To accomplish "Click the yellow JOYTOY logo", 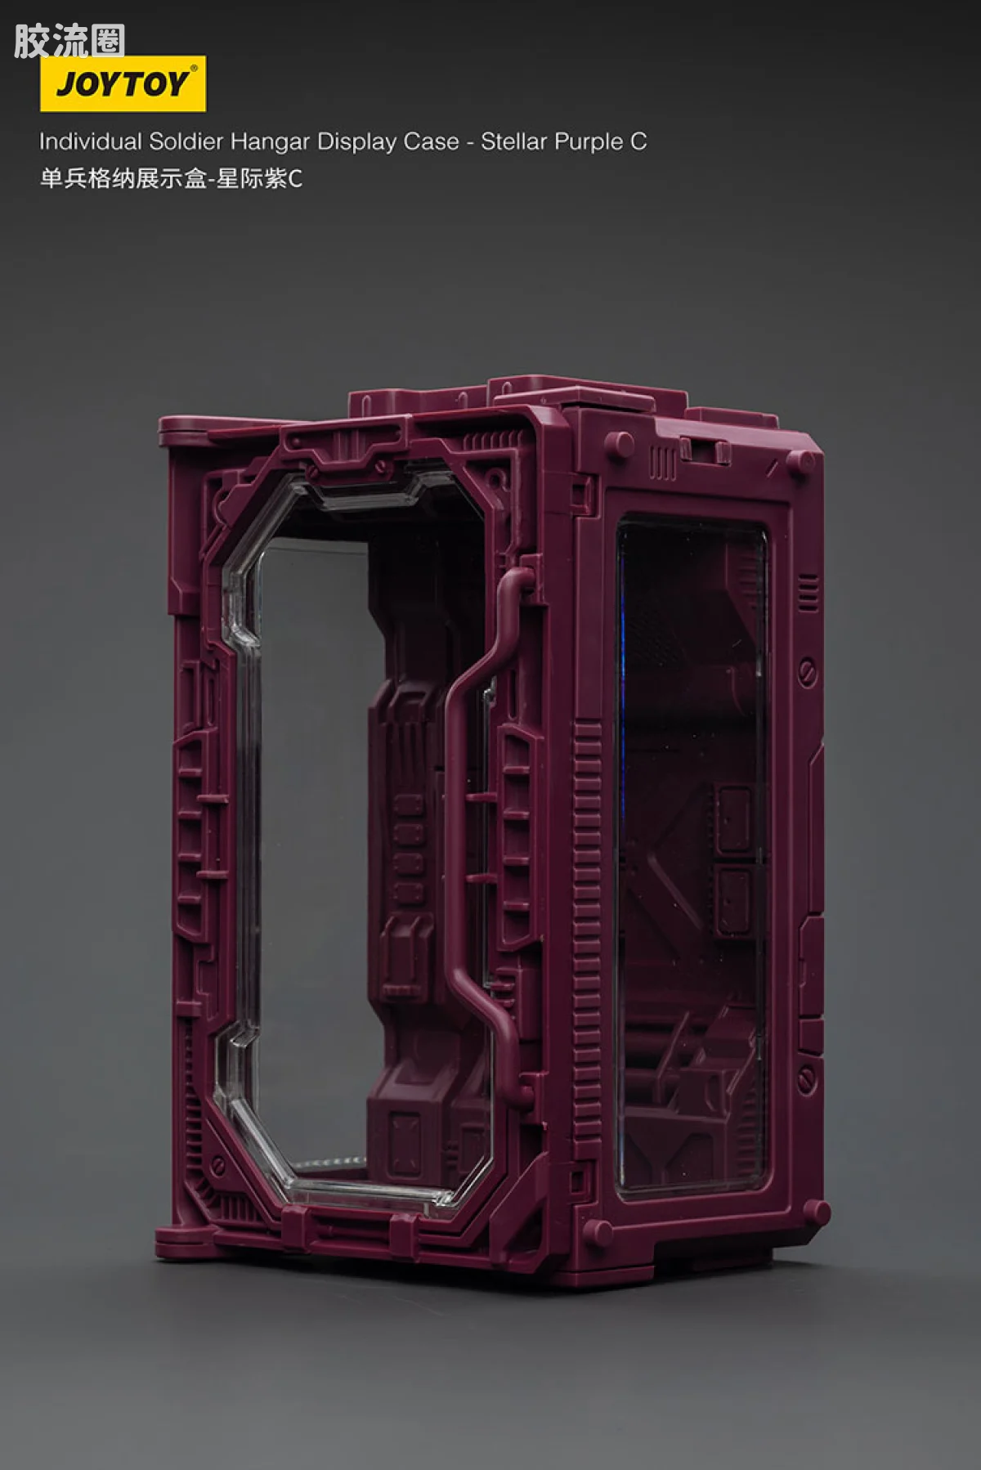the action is [123, 83].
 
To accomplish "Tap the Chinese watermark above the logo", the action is [69, 41].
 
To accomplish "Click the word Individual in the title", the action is [91, 141].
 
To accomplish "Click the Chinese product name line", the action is [171, 178].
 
